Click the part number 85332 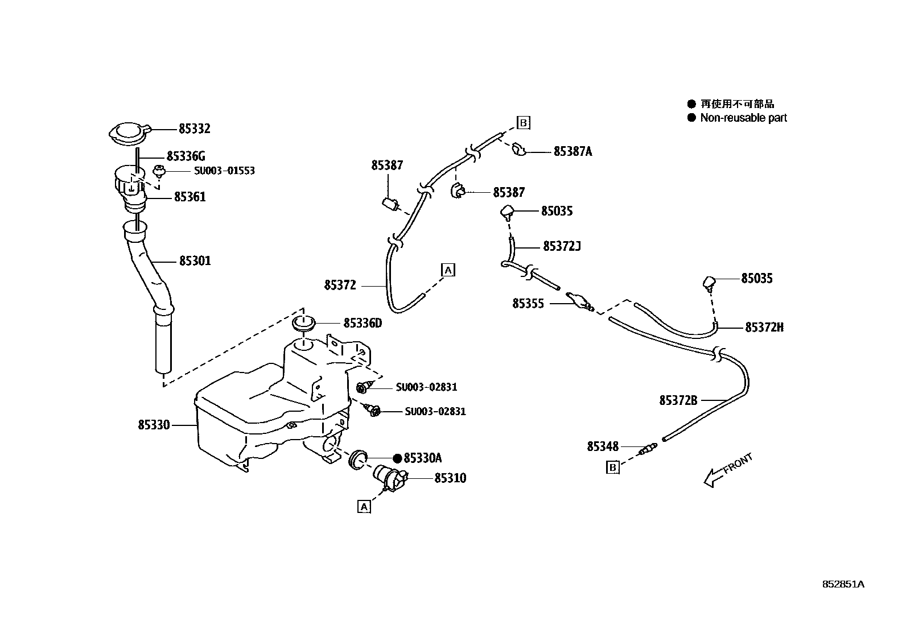tap(194, 129)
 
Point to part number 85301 tap(195, 261)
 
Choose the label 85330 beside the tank tap(153, 424)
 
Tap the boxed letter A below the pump tap(364, 506)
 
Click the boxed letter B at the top tap(523, 122)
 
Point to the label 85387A tap(573, 151)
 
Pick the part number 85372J tap(562, 246)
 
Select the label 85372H tap(764, 327)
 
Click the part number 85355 tap(528, 304)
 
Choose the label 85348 tap(602, 447)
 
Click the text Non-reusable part tap(743, 118)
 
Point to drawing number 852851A tap(843, 584)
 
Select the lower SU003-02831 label tap(435, 411)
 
